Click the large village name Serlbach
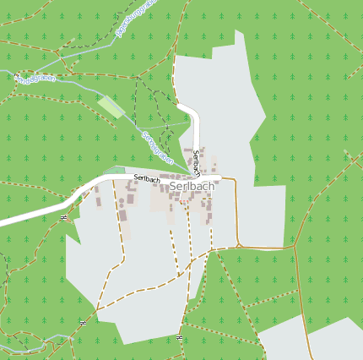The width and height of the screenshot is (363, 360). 192,186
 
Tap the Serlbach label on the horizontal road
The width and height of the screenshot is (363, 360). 147,178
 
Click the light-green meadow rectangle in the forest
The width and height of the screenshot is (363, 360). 111,106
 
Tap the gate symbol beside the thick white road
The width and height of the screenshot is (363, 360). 63,217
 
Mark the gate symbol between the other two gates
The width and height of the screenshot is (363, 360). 83,323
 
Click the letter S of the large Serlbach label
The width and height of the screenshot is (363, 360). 173,186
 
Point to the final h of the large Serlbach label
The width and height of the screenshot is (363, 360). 211,186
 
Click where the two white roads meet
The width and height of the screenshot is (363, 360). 197,177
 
